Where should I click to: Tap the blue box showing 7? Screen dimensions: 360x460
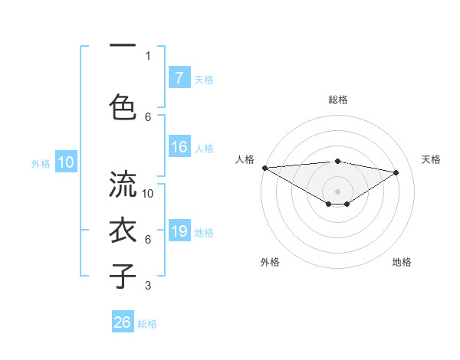coord(179,78)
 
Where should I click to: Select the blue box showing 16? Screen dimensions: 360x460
coord(179,148)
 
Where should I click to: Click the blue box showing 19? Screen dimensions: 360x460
coord(179,232)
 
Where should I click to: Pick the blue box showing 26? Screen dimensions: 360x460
coord(123,322)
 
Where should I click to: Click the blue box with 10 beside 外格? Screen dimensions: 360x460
coord(65,162)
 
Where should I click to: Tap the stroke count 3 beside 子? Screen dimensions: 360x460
coord(148,286)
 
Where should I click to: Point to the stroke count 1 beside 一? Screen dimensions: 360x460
coord(148,55)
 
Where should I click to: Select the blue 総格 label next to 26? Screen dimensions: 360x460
coord(147,324)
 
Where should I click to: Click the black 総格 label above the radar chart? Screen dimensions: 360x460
coord(337,100)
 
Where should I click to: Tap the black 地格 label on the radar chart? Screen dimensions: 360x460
coord(402,262)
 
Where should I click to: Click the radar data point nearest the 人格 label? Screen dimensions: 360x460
coord(264,168)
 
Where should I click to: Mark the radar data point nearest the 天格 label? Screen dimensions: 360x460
coord(396,172)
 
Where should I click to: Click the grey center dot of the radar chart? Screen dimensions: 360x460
coord(337,190)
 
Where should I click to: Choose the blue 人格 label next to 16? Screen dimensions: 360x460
coord(204,149)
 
